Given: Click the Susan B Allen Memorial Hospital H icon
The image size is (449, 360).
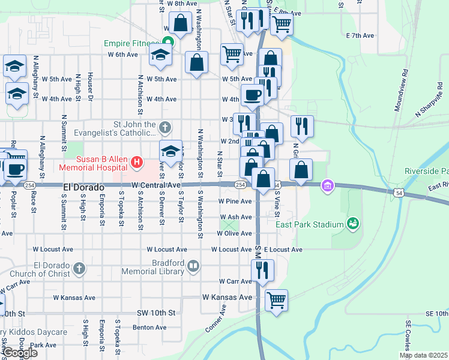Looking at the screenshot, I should click(x=137, y=161).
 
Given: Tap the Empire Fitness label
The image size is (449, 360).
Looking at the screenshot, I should click(x=130, y=43).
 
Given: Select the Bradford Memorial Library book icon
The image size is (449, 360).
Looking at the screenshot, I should click(x=193, y=266).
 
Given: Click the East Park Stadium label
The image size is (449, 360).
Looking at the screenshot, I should click(x=310, y=225).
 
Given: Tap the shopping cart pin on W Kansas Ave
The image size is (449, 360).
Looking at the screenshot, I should click(x=276, y=299).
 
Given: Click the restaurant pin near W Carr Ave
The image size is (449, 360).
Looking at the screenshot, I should click(x=262, y=271).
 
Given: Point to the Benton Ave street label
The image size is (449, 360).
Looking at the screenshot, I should click(x=149, y=328).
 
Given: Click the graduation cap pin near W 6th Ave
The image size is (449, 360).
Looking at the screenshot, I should click(x=160, y=55).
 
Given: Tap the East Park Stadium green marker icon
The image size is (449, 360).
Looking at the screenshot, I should click(x=353, y=224).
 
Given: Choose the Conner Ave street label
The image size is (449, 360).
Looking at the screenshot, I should click(x=215, y=318).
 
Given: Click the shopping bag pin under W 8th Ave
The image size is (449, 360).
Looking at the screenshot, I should click(x=181, y=23).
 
